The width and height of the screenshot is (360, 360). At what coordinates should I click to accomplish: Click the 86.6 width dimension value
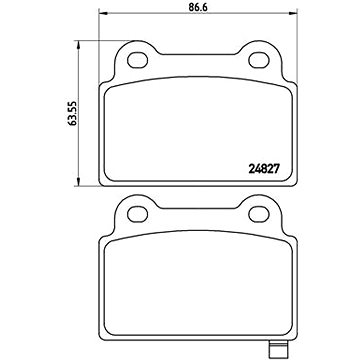[x=198, y=7]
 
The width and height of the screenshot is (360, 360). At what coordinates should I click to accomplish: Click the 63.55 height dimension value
[x=72, y=113]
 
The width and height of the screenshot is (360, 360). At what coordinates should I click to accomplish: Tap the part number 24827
[x=263, y=169]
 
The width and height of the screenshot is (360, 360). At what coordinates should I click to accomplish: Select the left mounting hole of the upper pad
[x=138, y=60]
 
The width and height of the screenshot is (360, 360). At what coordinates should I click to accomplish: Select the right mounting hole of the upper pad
[x=259, y=60]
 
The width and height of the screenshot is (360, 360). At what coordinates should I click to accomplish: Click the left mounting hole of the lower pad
[x=138, y=214]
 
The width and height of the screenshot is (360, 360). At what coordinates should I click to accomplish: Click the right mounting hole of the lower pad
[x=259, y=214]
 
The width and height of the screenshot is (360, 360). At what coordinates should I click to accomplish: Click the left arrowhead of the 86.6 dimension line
[x=102, y=13]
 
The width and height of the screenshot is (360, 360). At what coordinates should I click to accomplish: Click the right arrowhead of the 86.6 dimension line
[x=293, y=13]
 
